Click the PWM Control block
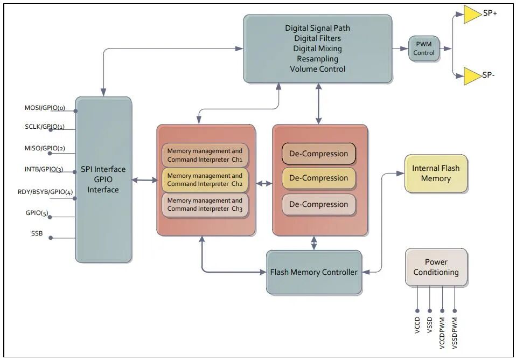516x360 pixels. (424, 49)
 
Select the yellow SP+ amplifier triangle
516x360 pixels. (471, 15)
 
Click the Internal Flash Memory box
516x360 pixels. (436, 174)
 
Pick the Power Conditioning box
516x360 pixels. (436, 267)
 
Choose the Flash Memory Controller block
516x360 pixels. (313, 272)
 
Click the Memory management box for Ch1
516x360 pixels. (205, 155)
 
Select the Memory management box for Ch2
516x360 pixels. (205, 179)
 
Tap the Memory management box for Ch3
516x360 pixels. (205, 204)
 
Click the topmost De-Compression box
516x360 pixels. (318, 154)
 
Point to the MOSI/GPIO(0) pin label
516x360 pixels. (45, 108)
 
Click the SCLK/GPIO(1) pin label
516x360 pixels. (45, 127)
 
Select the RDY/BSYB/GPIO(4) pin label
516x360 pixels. (45, 192)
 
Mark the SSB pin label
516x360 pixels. (37, 234)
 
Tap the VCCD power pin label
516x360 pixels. (417, 326)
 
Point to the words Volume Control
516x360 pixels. (317, 69)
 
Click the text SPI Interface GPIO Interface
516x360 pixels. (103, 179)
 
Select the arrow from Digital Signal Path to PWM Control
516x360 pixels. (400, 49)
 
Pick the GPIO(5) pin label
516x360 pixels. (37, 213)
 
